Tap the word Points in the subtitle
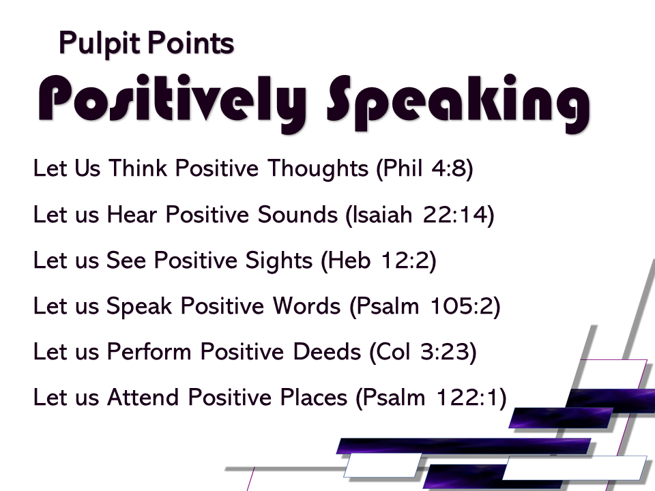(190, 43)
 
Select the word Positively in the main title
(172, 102)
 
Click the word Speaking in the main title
(458, 103)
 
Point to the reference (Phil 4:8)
(424, 168)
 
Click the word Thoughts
(318, 169)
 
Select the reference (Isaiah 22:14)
(420, 215)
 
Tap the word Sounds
(297, 215)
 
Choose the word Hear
(132, 215)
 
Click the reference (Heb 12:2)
(379, 260)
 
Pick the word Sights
(278, 261)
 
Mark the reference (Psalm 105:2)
(425, 306)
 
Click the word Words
(306, 306)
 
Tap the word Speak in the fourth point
(139, 306)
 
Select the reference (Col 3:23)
(423, 352)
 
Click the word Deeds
(327, 351)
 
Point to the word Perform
(149, 351)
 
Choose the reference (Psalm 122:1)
(431, 397)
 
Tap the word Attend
(143, 397)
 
